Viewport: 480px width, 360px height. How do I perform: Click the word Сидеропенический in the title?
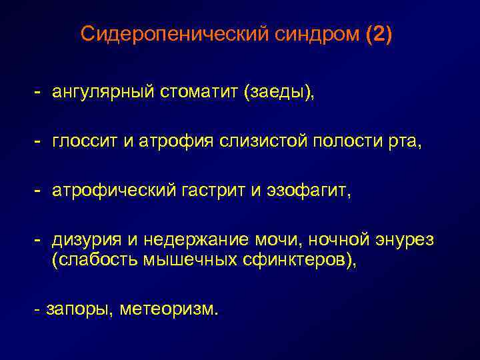[175, 34]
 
